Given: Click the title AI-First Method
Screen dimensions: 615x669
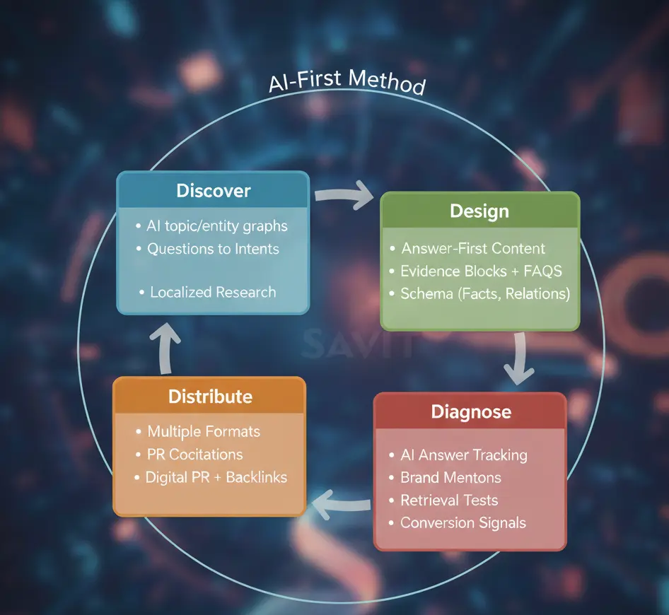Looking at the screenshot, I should click(347, 82).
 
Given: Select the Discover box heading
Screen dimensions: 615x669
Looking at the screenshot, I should click(213, 190).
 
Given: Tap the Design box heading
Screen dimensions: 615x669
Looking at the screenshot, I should click(479, 211).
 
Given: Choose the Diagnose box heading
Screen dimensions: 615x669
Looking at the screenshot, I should click(471, 411).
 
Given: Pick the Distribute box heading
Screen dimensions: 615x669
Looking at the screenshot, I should click(210, 396).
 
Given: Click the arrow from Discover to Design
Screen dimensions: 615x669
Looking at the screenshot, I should click(344, 194).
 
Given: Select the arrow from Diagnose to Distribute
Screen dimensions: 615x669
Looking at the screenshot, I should click(341, 503).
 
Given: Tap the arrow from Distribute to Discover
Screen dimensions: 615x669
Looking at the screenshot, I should click(167, 347).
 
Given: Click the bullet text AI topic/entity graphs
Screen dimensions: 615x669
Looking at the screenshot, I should click(216, 226).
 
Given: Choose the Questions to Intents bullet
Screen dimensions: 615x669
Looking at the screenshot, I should click(212, 249).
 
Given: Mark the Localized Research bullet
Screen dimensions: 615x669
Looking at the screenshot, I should click(212, 292).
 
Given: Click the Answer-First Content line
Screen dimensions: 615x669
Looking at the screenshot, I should click(472, 248).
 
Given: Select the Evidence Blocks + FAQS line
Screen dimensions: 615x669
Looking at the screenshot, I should click(481, 271).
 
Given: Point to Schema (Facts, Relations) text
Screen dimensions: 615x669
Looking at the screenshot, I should click(484, 293).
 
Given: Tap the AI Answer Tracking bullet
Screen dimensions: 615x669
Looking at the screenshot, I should click(463, 455).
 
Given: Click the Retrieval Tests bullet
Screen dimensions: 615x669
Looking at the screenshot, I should click(449, 500).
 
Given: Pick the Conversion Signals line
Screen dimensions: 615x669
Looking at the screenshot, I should click(463, 523).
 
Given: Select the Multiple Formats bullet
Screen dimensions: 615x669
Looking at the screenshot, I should click(203, 431).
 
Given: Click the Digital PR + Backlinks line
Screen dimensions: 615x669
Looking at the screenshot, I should click(216, 477).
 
